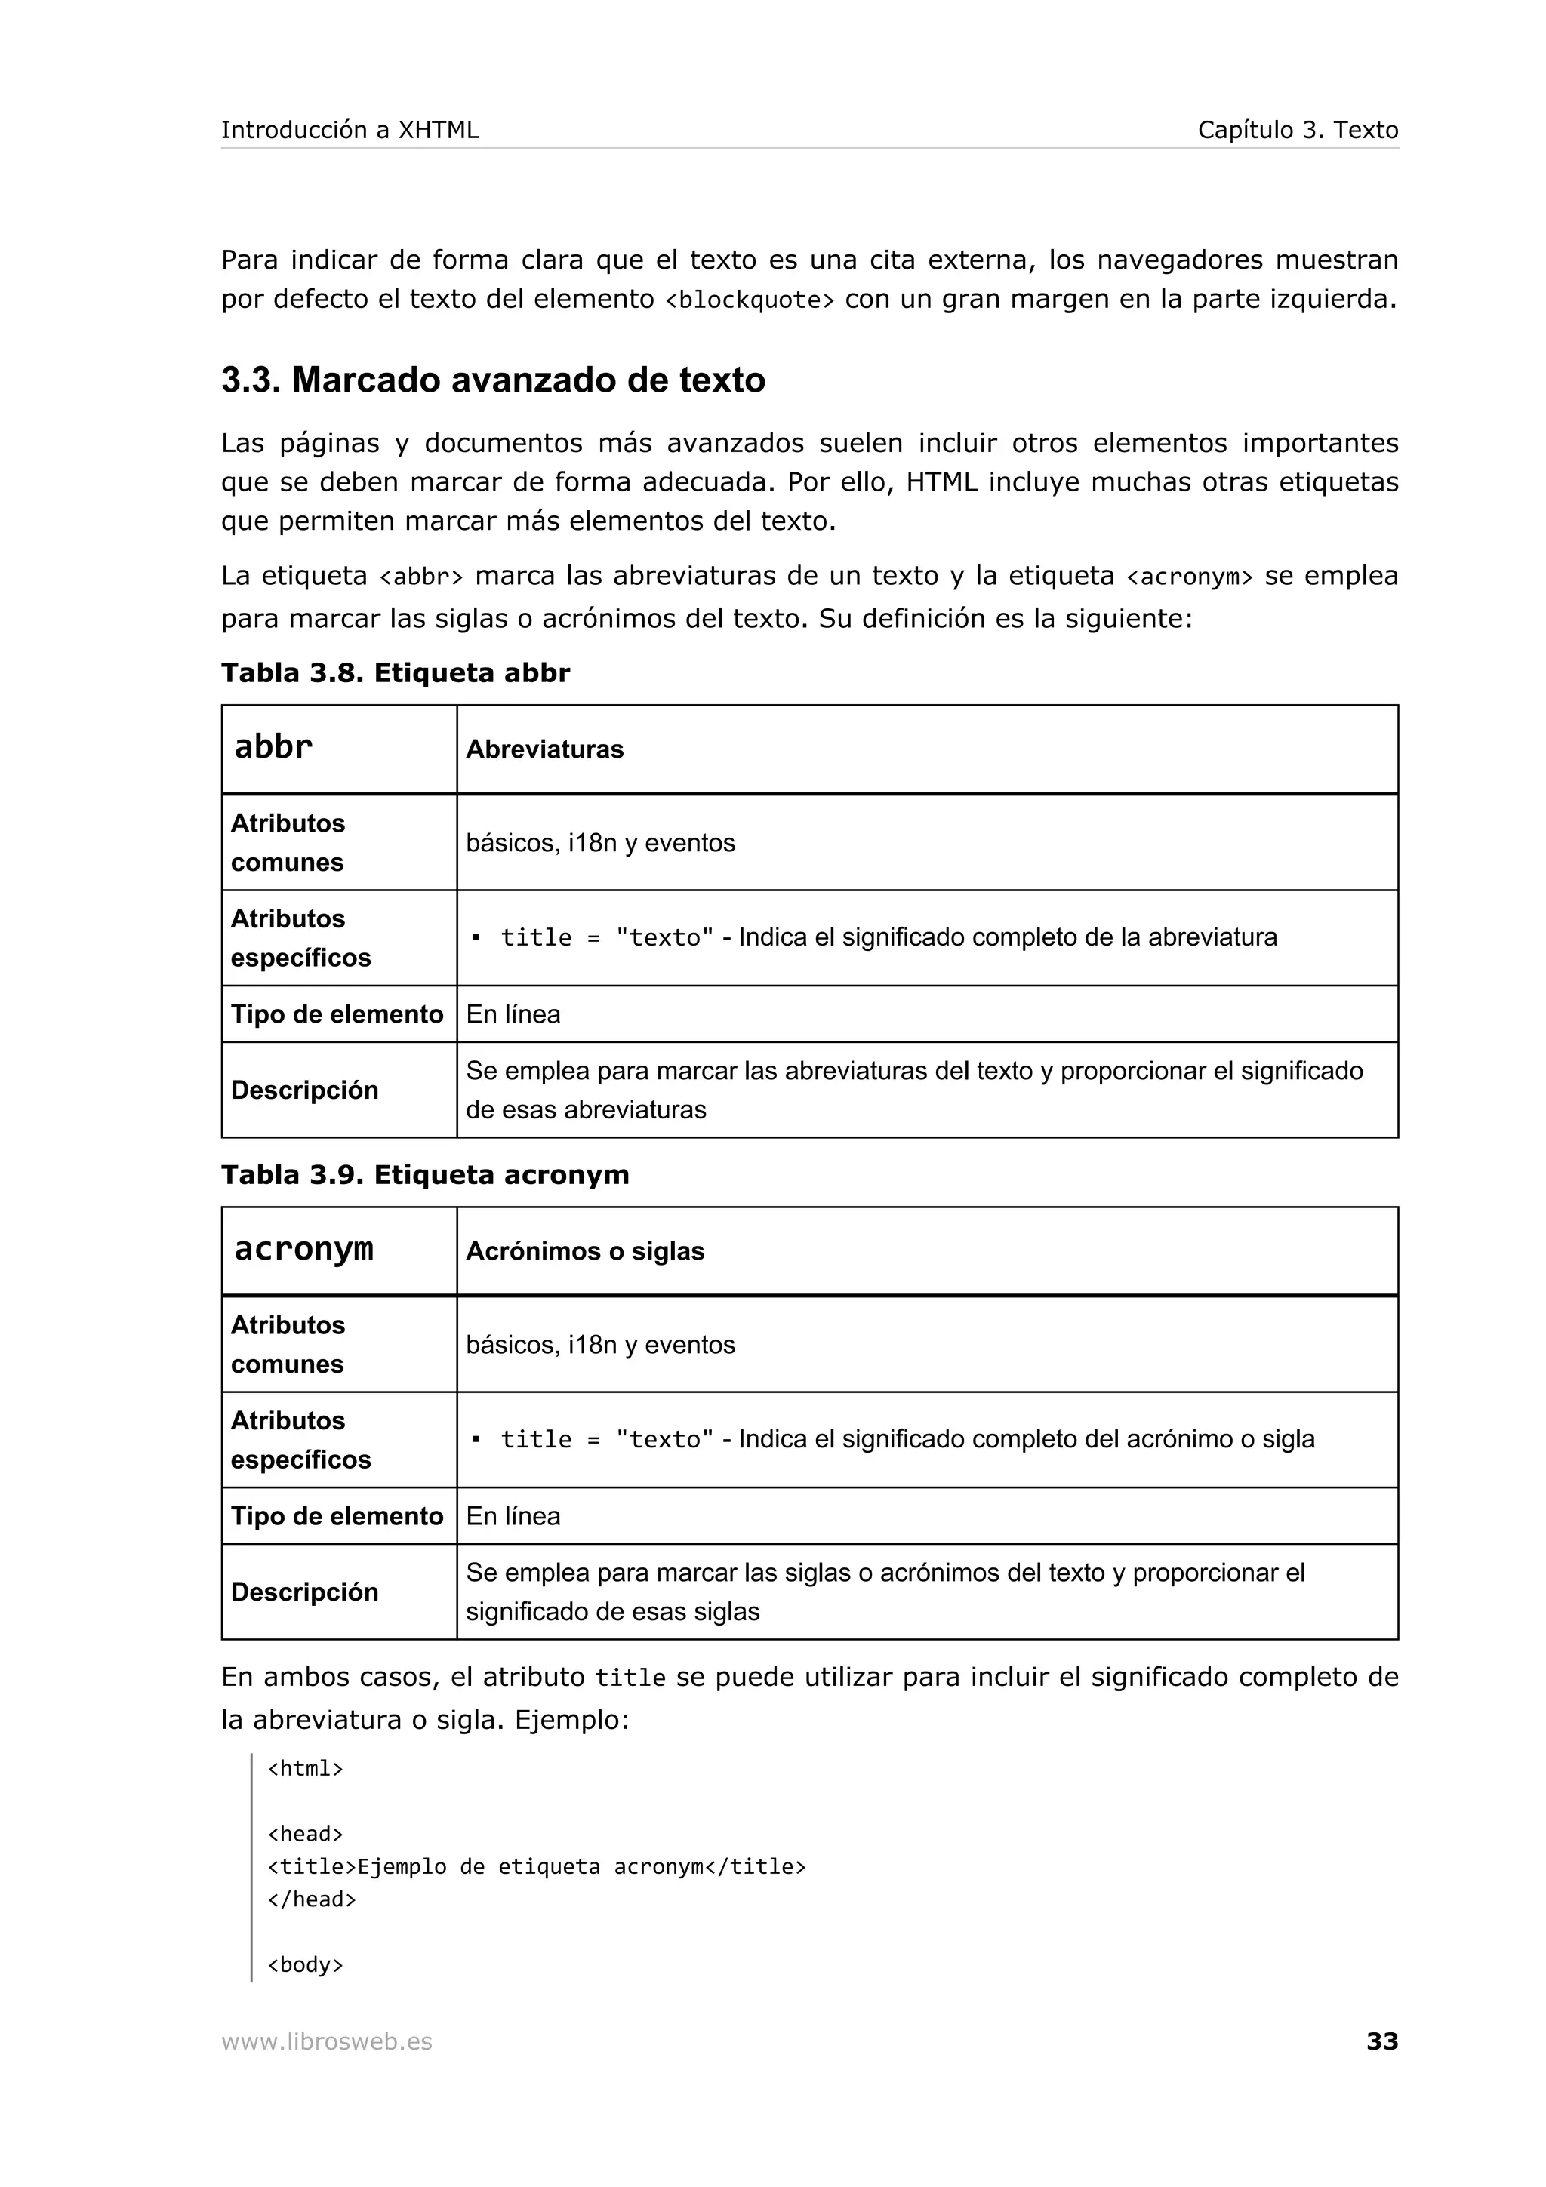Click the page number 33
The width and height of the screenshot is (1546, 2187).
tap(1381, 2041)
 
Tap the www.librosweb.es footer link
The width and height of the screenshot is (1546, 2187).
tap(327, 2041)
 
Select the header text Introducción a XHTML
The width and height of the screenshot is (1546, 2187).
tap(350, 131)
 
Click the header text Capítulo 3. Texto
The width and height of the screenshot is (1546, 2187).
tap(1298, 131)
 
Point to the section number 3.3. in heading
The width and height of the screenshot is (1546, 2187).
tap(251, 380)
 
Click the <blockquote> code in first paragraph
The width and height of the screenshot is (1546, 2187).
tap(749, 300)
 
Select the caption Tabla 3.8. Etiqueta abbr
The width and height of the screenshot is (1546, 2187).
tap(396, 673)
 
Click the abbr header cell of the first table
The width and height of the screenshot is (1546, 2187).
tap(273, 747)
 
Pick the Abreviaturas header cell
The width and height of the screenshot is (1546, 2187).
tap(545, 749)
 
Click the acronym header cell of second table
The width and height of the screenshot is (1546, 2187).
tap(304, 1249)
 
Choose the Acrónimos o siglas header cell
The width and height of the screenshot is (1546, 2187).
tap(585, 1252)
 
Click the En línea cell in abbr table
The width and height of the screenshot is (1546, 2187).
tap(513, 1014)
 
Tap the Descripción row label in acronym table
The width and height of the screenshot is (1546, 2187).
tap(305, 1592)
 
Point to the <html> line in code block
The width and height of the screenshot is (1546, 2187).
tap(305, 1769)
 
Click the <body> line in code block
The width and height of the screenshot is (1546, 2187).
tap(305, 1965)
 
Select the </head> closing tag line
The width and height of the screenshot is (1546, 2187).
tap(312, 1899)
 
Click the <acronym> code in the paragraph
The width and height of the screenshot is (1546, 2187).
tap(1189, 577)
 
